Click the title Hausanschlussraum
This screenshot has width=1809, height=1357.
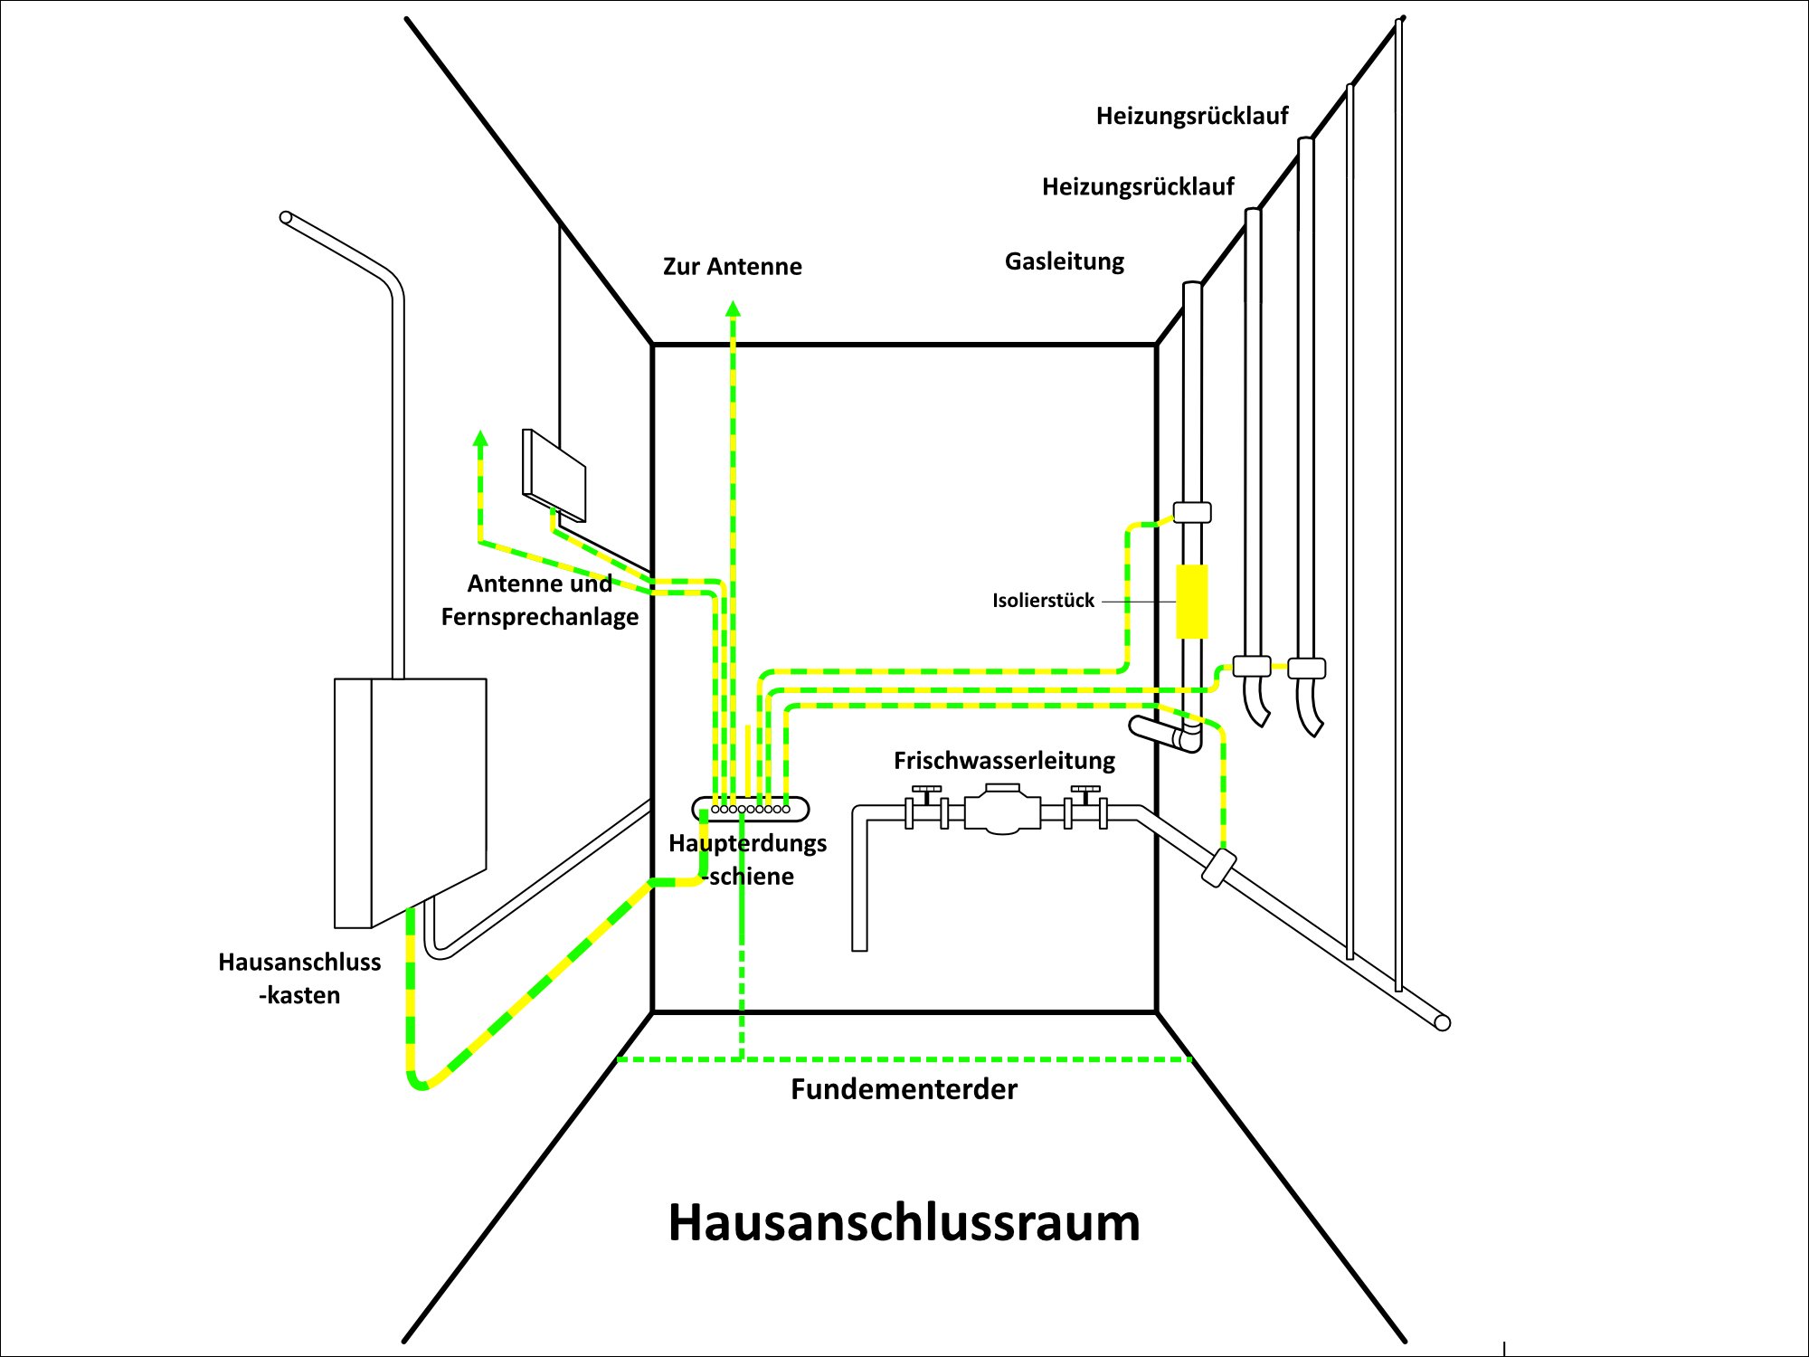(x=904, y=1222)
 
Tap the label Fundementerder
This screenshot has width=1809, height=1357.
(x=904, y=1088)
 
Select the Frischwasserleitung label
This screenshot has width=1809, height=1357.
(x=1004, y=761)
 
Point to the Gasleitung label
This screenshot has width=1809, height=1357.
(x=1065, y=261)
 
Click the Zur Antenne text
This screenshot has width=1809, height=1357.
(x=732, y=267)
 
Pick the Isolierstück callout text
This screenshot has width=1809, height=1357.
(x=1043, y=601)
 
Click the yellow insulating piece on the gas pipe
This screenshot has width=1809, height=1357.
(x=1192, y=602)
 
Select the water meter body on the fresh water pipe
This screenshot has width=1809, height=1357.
(x=1002, y=809)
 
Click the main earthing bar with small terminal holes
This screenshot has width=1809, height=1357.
(x=750, y=809)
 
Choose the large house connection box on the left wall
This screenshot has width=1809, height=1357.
(x=412, y=801)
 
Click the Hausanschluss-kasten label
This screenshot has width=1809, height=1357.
(x=299, y=978)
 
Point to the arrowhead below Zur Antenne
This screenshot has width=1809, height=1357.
(x=733, y=309)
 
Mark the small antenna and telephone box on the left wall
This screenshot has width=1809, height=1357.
(x=554, y=476)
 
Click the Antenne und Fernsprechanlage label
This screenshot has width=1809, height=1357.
(x=540, y=600)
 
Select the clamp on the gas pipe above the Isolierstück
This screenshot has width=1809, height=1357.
(x=1192, y=512)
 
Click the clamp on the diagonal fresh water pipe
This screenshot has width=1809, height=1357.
(x=1219, y=868)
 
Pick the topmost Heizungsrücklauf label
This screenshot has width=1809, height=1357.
(x=1192, y=116)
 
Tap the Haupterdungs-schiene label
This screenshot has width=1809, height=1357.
(x=748, y=859)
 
